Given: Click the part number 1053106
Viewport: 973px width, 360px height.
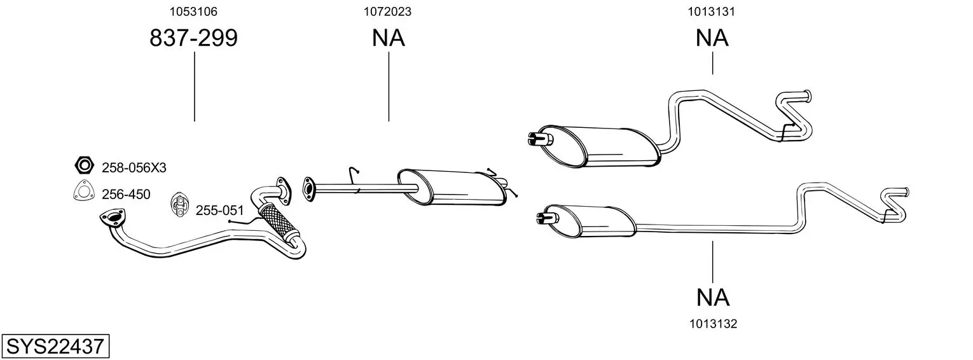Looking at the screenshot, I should click(194, 11).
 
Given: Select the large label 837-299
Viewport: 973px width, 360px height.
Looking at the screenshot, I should click(194, 39).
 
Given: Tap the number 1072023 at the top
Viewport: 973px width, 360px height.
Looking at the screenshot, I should click(388, 11).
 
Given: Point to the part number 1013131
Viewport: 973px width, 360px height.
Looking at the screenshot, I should click(712, 11).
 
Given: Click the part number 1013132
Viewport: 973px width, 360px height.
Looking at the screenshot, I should click(713, 324).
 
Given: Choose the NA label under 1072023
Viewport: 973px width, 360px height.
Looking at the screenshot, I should click(388, 39).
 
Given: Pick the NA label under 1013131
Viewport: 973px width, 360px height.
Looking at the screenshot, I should click(712, 39).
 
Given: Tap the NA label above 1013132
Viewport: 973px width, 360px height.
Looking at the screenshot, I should click(713, 297).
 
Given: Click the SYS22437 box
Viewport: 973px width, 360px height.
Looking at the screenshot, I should click(55, 347).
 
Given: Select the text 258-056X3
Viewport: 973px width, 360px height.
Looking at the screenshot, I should click(134, 168).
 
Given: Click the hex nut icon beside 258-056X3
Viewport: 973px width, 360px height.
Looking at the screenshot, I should click(83, 166).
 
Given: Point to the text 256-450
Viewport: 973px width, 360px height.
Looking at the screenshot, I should click(126, 195).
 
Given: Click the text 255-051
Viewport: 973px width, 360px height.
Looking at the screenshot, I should click(219, 210).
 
